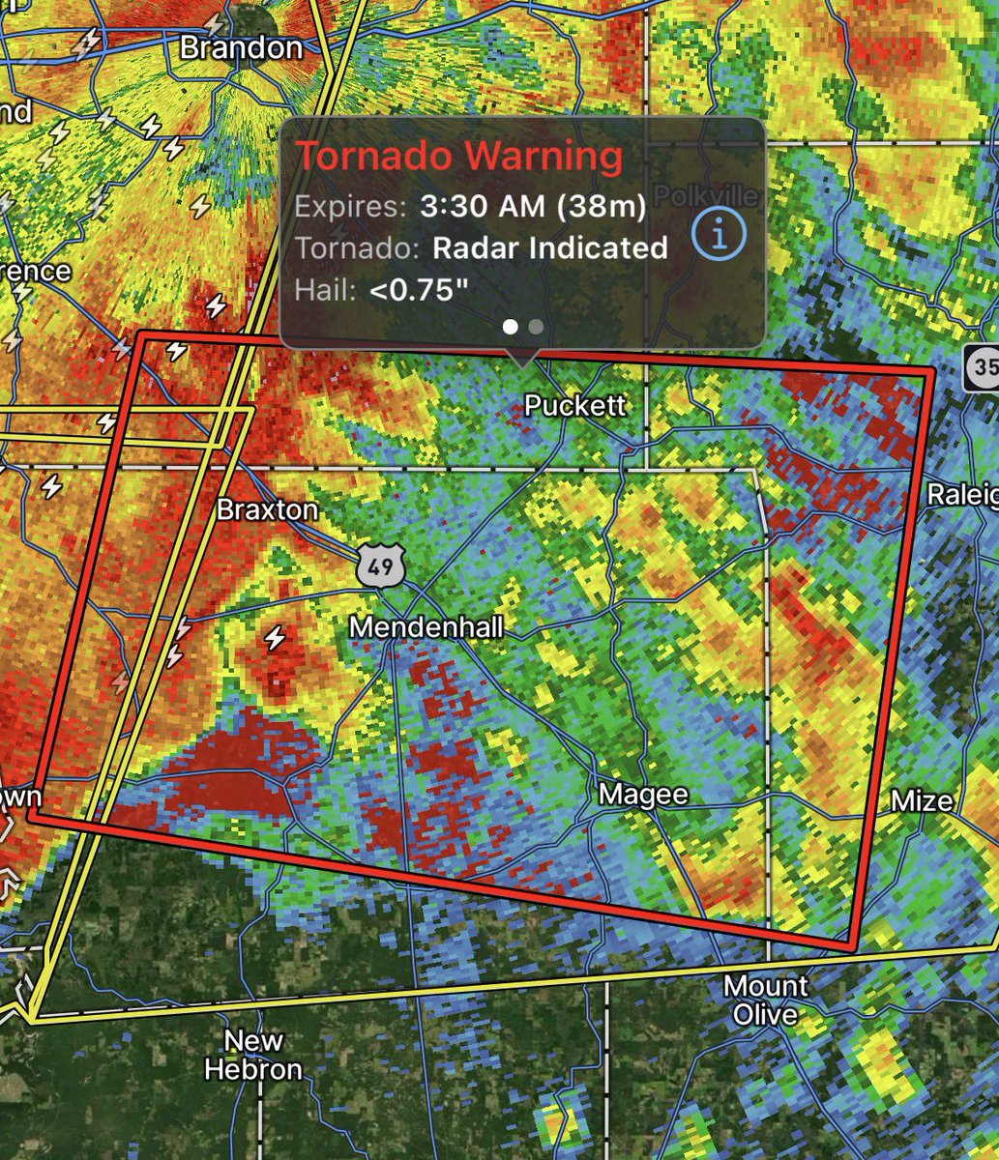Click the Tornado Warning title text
pos(459,156)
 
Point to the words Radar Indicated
pos(549,247)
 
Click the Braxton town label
pos(267,509)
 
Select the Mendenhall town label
pos(426,627)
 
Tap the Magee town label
pos(643,795)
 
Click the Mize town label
pos(921,800)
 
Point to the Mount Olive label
pos(766,1000)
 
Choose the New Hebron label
pos(253,1055)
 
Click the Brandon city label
pos(241,47)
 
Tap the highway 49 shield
pos(380,565)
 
